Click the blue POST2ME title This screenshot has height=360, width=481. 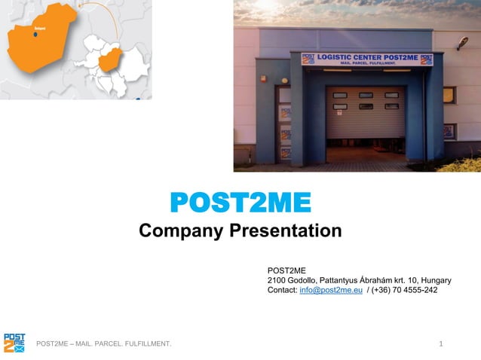click(x=240, y=203)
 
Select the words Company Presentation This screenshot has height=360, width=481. click(x=240, y=230)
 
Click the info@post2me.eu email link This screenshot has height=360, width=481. click(x=331, y=290)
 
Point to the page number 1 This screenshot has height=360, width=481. click(x=440, y=344)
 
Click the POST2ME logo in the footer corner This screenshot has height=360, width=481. click(x=14, y=343)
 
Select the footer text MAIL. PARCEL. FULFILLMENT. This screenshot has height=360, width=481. click(x=127, y=344)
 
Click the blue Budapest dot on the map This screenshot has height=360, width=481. click(x=35, y=34)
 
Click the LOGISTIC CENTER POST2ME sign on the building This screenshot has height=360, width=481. click(x=367, y=59)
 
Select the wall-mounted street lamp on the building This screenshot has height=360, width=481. click(x=461, y=42)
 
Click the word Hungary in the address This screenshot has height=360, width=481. click(x=437, y=279)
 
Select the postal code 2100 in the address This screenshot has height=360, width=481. click(x=277, y=279)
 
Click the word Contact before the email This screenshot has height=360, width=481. click(x=282, y=290)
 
